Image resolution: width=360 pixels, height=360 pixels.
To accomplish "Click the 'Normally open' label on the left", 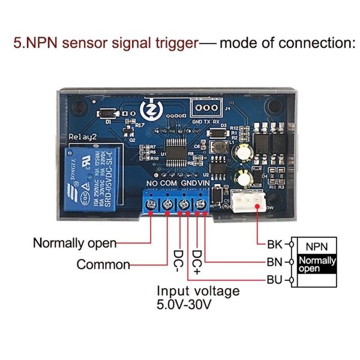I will point(74,244).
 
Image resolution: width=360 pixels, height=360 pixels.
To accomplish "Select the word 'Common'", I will point(103,265).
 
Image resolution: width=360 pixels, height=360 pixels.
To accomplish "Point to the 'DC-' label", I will point(178,259).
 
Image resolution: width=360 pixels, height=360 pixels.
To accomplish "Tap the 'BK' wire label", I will point(274,244).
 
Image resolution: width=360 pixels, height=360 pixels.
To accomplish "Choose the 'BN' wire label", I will point(274,262).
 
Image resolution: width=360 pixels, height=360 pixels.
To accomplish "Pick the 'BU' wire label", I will point(274,280).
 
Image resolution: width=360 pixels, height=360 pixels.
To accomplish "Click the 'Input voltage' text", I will point(198,291).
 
